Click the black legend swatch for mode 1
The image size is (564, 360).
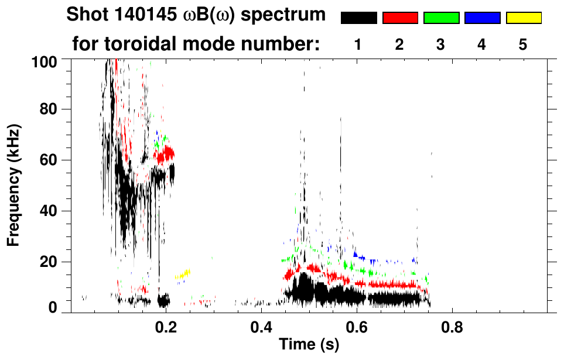(358, 18)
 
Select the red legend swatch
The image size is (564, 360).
(400, 18)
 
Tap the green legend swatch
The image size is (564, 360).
(441, 18)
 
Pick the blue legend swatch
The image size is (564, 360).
(482, 18)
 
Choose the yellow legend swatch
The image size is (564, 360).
(524, 18)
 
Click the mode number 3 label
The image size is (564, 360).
(441, 44)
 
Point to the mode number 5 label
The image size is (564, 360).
(523, 44)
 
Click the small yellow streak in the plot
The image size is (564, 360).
(183, 274)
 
